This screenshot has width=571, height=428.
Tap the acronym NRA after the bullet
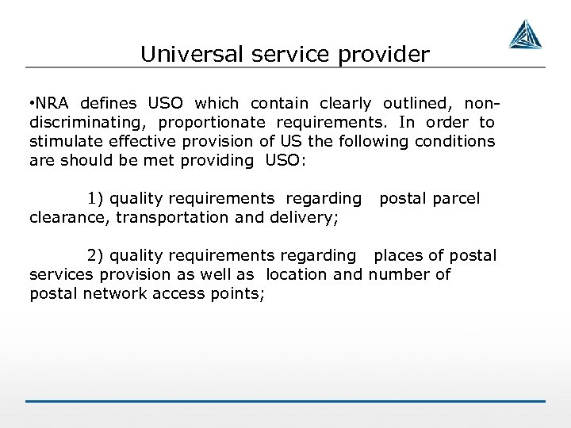(54, 104)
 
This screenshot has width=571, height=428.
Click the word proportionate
(213, 122)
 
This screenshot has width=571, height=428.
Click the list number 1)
(95, 198)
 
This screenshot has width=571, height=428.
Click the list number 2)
(95, 255)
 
